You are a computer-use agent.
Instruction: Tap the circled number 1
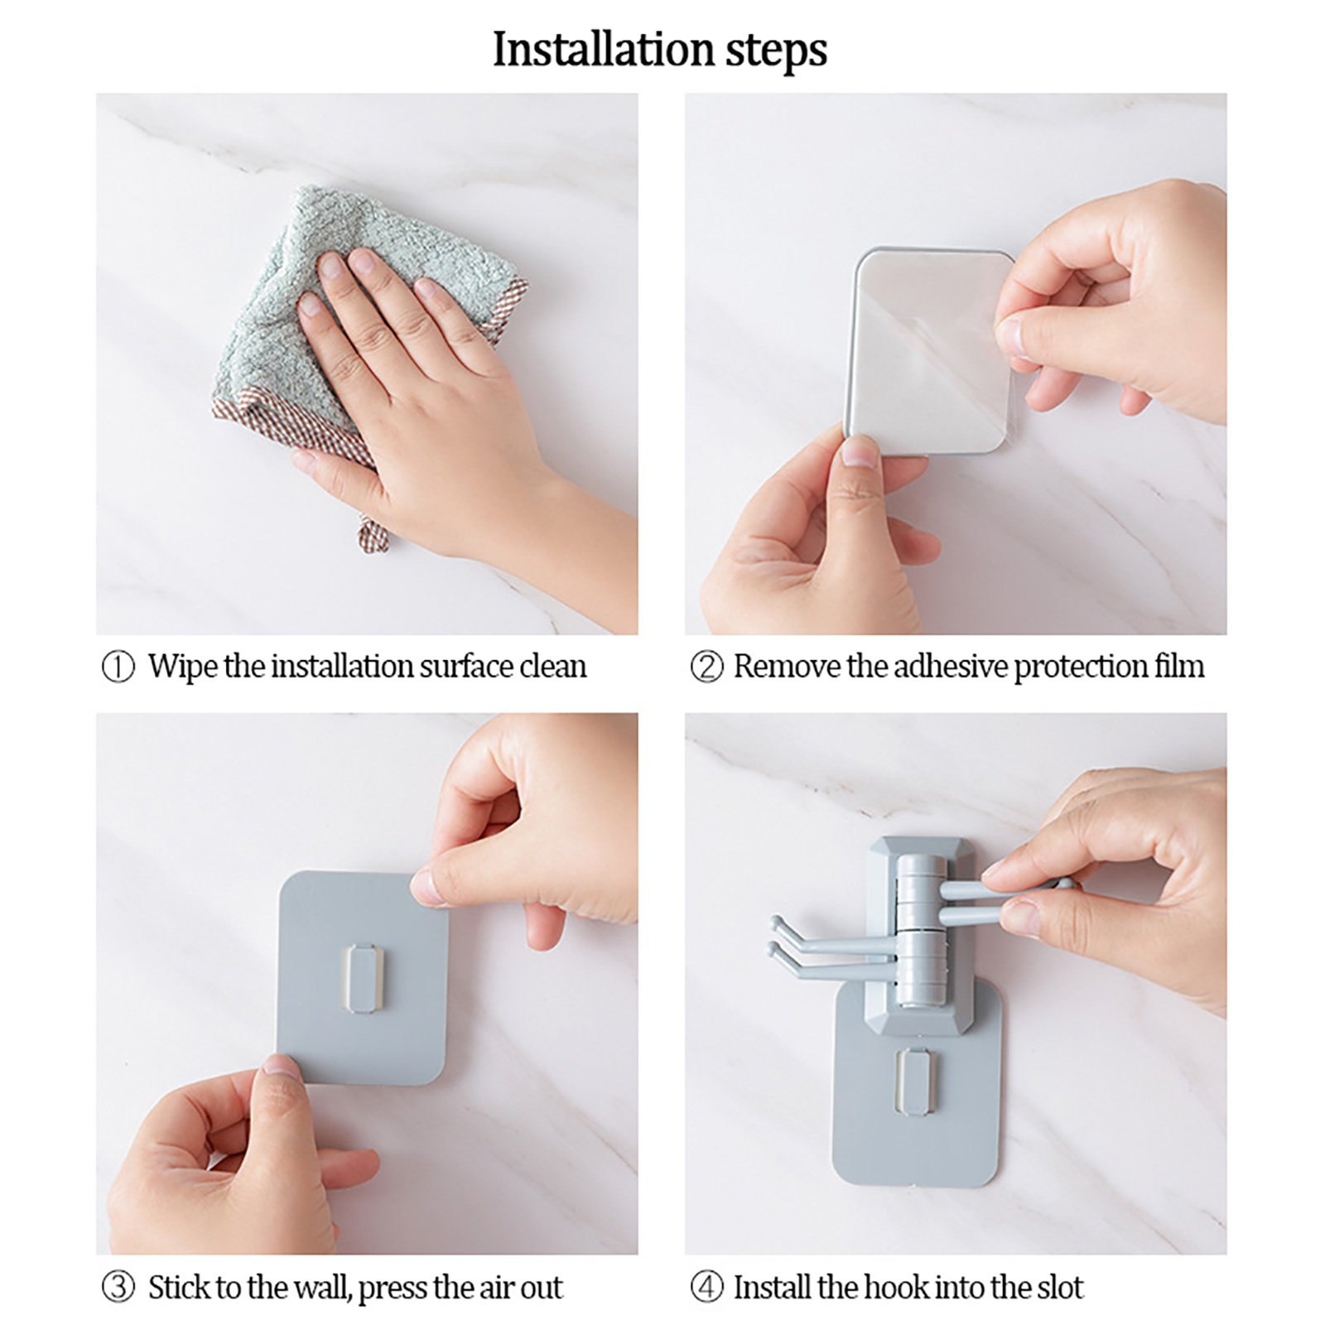(x=118, y=667)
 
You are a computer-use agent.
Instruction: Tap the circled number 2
(x=706, y=667)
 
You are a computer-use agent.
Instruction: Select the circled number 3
(x=118, y=1288)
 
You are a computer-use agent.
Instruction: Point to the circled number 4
(x=706, y=1288)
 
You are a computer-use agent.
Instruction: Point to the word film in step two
(x=1180, y=667)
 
